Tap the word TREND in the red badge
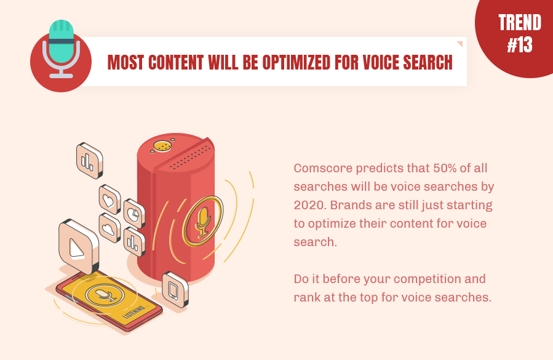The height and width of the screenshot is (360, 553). tap(520, 23)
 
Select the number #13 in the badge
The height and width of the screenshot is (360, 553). tap(520, 45)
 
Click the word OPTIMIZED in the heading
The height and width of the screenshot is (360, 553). tap(296, 63)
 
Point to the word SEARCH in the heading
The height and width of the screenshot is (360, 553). tap(428, 63)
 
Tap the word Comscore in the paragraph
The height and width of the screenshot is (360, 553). tap(323, 168)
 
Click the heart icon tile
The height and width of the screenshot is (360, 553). tap(109, 199)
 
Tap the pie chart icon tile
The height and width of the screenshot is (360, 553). tap(134, 214)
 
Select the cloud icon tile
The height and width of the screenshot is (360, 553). tap(109, 228)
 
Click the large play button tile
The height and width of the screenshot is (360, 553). tap(79, 246)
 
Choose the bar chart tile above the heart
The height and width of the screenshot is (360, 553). tap(90, 161)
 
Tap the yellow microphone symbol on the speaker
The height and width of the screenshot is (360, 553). tap(203, 222)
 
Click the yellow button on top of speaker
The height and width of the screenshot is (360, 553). tap(162, 146)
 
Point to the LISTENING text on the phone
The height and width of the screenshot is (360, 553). tap(136, 311)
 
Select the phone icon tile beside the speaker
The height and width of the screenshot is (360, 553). tap(175, 290)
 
